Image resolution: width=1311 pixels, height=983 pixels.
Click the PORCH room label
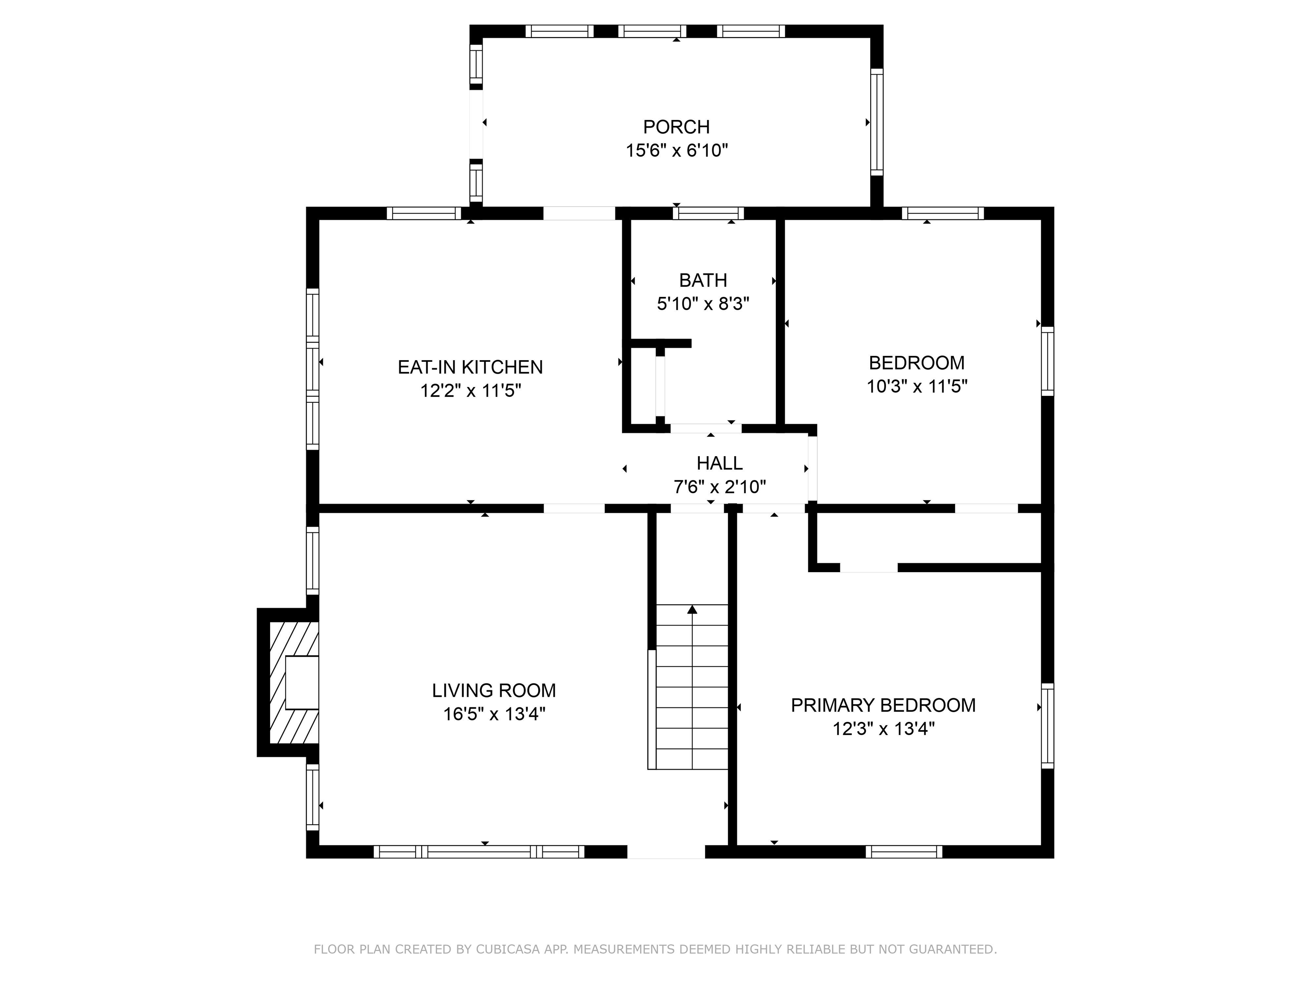tap(676, 127)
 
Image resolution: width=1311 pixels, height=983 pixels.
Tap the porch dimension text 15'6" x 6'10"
tap(676, 151)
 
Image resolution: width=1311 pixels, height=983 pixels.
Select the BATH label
tap(703, 280)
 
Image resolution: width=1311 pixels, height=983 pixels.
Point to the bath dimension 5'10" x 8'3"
tap(703, 304)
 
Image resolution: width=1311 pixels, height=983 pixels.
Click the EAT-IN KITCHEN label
tap(470, 367)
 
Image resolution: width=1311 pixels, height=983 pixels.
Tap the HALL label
tap(720, 463)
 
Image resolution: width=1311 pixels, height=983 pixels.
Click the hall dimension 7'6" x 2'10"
tap(720, 487)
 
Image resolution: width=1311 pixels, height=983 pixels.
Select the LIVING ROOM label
tap(494, 690)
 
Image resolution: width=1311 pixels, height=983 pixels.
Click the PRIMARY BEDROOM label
tap(883, 705)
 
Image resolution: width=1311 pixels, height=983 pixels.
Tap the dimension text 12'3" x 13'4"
tap(883, 729)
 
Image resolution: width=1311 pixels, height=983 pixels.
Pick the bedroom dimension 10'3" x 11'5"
tap(917, 386)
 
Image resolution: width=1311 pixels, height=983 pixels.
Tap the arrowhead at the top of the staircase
tap(692, 609)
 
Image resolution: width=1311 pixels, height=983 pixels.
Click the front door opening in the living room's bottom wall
tap(666, 852)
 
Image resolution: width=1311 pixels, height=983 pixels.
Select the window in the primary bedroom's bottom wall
tap(904, 852)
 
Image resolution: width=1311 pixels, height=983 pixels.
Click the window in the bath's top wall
tap(708, 213)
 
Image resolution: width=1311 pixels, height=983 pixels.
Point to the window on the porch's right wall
tap(877, 122)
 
